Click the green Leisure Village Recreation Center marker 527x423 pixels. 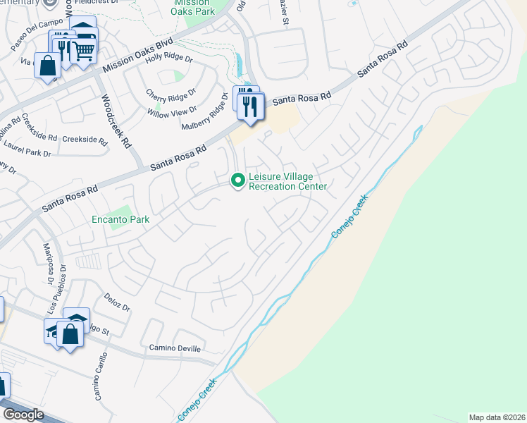238,181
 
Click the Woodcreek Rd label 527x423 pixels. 116,121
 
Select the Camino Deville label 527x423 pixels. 175,348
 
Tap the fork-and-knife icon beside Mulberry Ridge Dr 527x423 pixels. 250,106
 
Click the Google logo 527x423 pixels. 23,415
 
